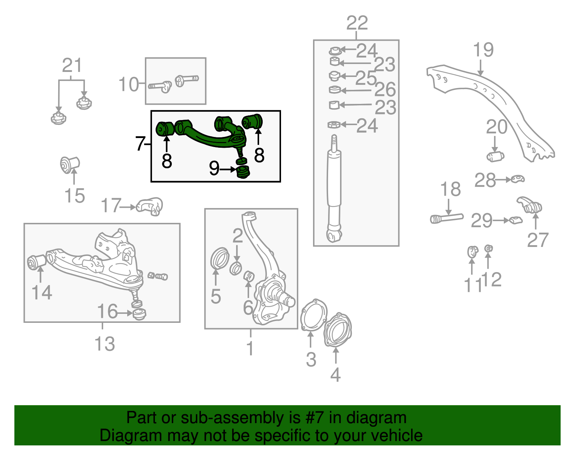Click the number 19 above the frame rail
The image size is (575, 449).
[483, 50]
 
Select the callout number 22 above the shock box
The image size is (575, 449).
[357, 23]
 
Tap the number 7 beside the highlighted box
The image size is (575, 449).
[140, 143]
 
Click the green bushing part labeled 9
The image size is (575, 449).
[244, 172]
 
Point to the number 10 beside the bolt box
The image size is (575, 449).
[128, 84]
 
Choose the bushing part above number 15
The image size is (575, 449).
[70, 164]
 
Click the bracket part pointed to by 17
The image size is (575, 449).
[150, 206]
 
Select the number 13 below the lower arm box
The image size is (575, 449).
[105, 344]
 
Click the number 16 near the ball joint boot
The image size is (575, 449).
[107, 311]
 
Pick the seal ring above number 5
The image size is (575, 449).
[219, 258]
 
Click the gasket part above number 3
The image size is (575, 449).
[313, 313]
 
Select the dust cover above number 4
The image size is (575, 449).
[337, 330]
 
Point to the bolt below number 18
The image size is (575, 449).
[447, 218]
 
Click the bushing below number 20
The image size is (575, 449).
[496, 156]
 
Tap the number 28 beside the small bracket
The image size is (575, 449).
[485, 180]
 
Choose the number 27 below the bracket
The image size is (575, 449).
[538, 240]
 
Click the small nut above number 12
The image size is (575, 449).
[488, 248]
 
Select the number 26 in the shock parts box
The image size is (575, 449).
[385, 90]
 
